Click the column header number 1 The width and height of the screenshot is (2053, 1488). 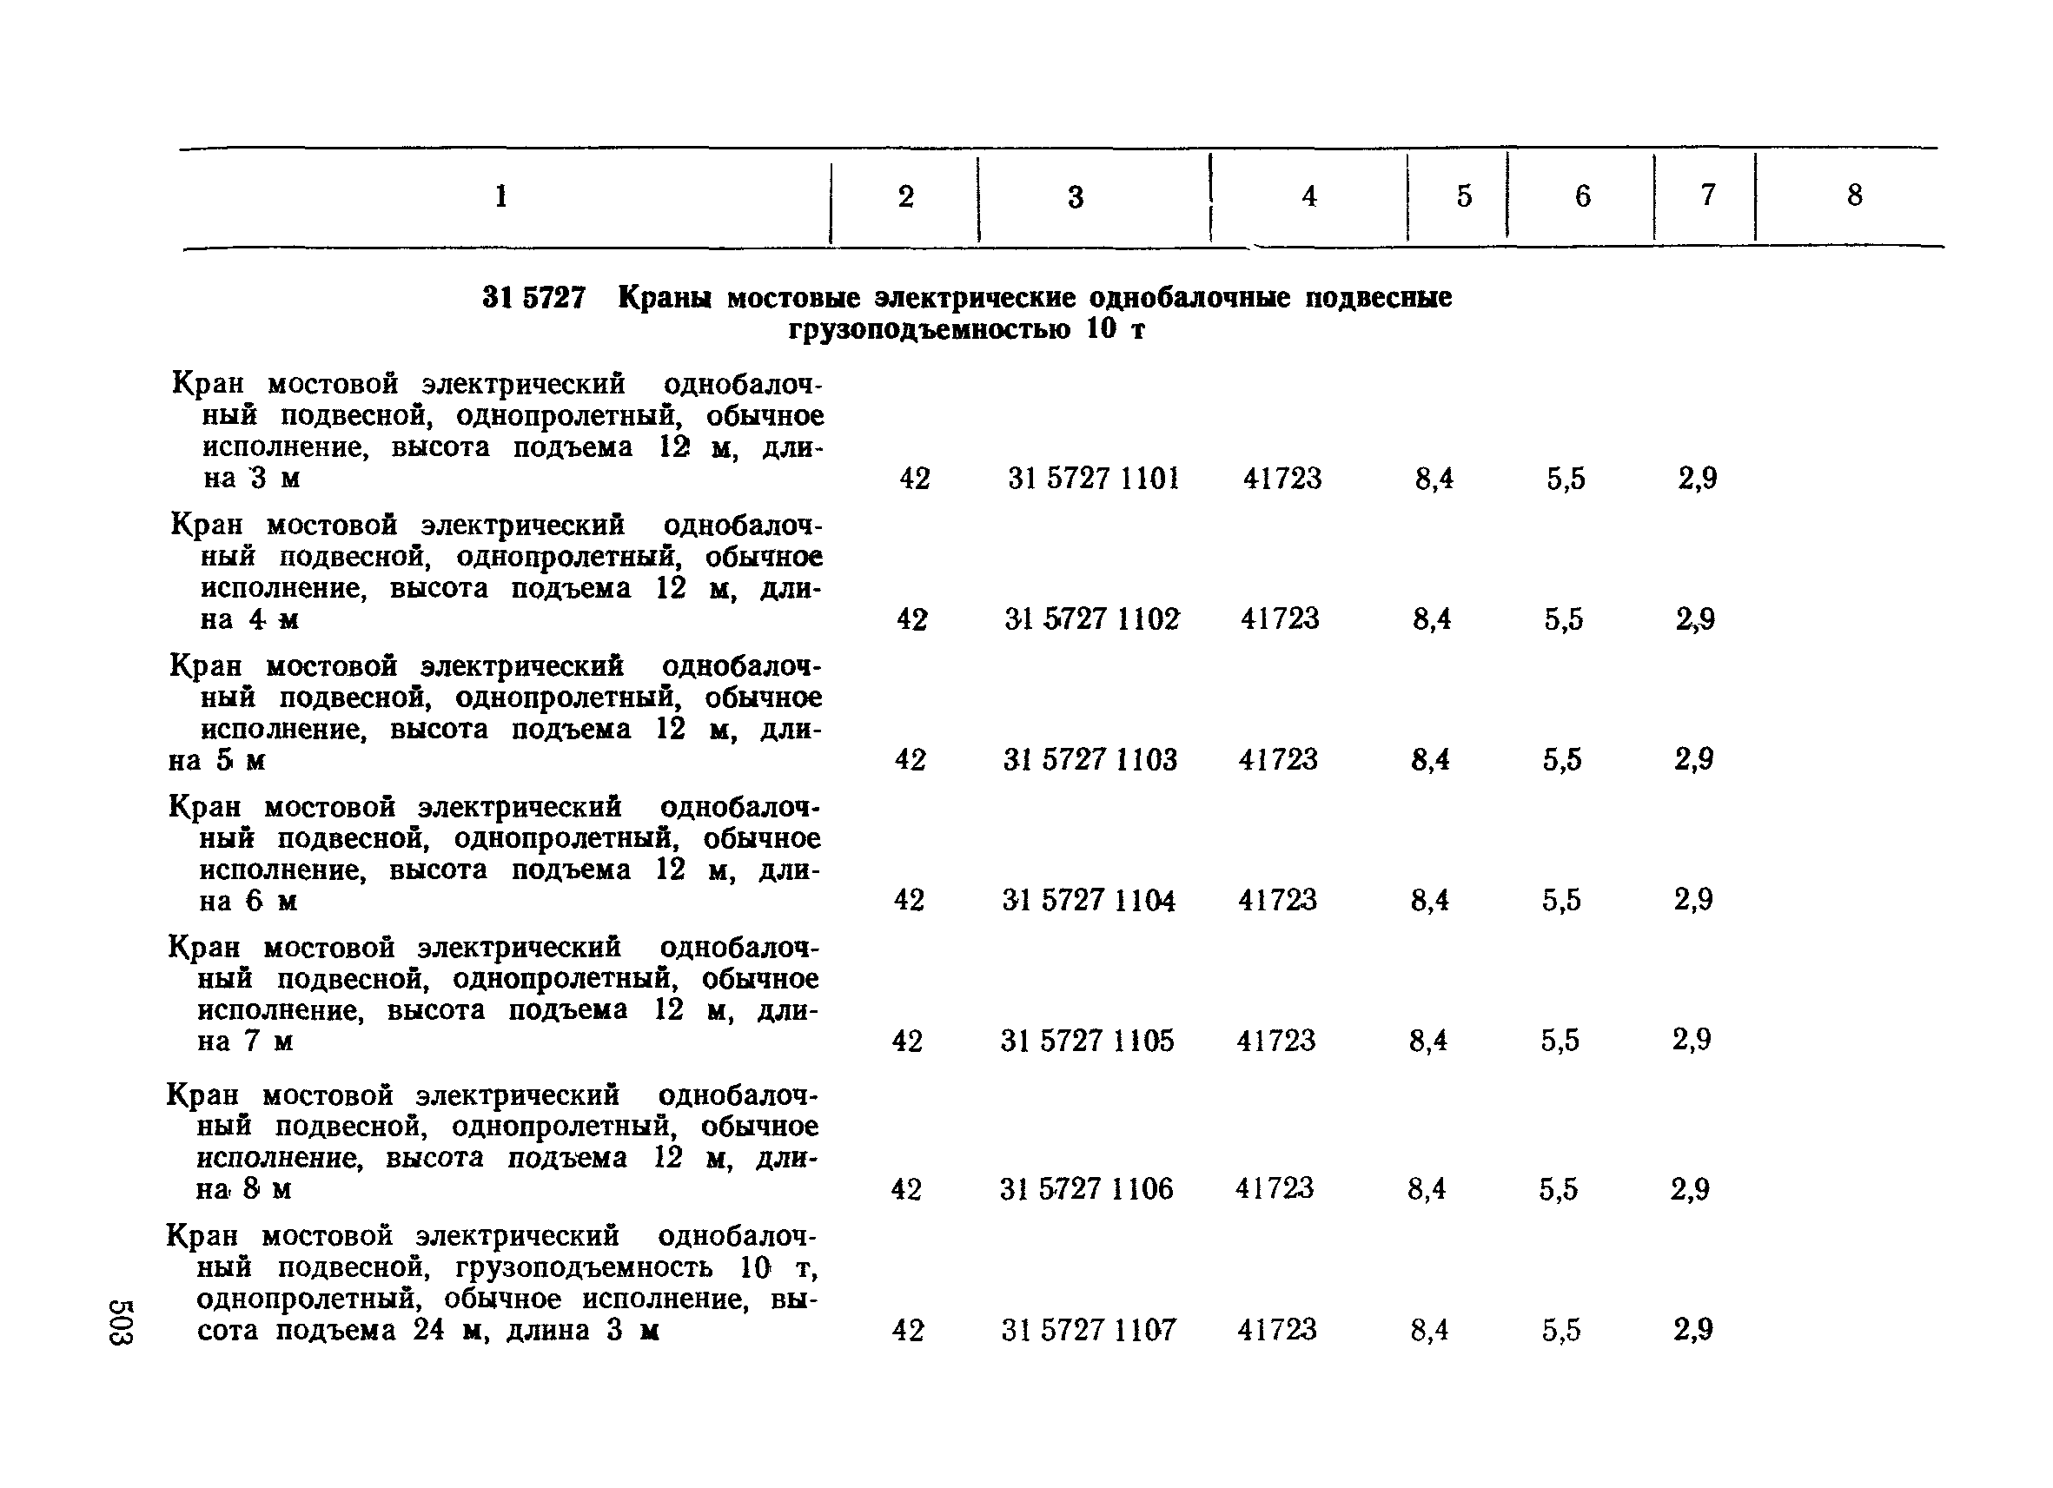(500, 195)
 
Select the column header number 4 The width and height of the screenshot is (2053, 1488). (1309, 195)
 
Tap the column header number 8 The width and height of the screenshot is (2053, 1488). (1855, 195)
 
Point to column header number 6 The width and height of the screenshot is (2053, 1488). (1582, 195)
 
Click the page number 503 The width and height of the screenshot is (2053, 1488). (122, 1322)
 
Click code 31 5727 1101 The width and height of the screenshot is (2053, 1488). (1094, 478)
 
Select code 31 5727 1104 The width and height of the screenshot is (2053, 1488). (1089, 900)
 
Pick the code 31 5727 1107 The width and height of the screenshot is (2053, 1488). (1088, 1330)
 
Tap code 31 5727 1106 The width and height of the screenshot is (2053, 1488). (1086, 1188)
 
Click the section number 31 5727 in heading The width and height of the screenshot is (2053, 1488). (534, 298)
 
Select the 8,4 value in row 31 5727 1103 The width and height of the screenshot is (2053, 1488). (1430, 759)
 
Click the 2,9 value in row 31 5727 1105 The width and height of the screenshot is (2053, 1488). (1692, 1040)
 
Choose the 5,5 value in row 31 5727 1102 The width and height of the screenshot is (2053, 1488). (1564, 619)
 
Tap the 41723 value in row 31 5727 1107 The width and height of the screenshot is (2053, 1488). (1276, 1330)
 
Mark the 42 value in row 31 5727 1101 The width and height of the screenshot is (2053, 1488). (914, 478)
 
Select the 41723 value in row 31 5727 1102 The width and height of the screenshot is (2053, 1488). (1280, 619)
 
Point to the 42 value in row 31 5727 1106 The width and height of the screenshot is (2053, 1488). (906, 1188)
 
